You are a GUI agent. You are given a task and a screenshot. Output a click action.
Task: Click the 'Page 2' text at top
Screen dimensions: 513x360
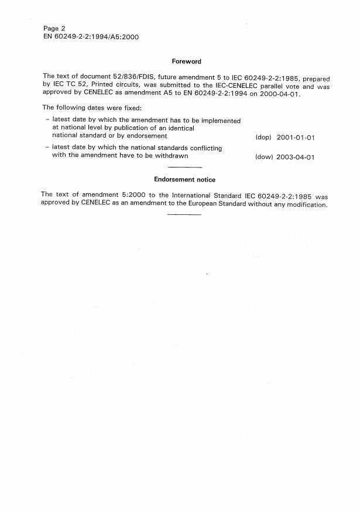pos(54,28)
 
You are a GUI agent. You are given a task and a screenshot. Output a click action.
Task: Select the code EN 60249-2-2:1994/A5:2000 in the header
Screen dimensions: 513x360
pos(91,36)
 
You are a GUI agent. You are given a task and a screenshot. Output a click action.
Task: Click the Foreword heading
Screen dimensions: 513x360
pos(186,61)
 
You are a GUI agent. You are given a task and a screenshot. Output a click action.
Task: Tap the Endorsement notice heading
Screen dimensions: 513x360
pos(184,180)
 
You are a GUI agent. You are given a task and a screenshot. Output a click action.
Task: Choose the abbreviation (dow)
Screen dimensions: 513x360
pos(264,158)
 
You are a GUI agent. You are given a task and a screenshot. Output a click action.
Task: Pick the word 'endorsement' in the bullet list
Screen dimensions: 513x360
pos(147,136)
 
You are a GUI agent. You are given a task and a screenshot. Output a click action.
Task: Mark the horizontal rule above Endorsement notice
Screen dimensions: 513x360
pos(184,168)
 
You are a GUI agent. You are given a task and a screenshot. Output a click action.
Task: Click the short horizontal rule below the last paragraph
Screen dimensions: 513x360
pos(184,214)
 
